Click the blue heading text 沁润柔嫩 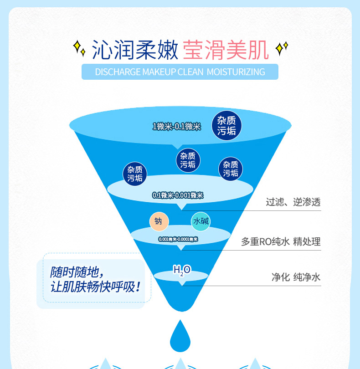tap(134, 50)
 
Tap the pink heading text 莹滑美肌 tap(226, 50)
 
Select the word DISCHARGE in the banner tap(118, 72)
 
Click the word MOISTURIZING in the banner tap(236, 72)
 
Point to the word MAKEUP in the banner tap(159, 72)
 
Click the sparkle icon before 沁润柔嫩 tap(79, 48)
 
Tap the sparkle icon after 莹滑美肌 tap(283, 47)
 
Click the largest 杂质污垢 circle tap(226, 126)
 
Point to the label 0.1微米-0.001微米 tap(178, 195)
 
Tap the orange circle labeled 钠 tap(159, 221)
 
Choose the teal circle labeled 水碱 tap(201, 221)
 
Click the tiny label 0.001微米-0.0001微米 tap(178, 239)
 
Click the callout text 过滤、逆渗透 tap(293, 202)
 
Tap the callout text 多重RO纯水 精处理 tap(281, 242)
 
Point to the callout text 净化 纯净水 tap(296, 277)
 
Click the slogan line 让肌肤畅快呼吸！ tap(95, 287)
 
